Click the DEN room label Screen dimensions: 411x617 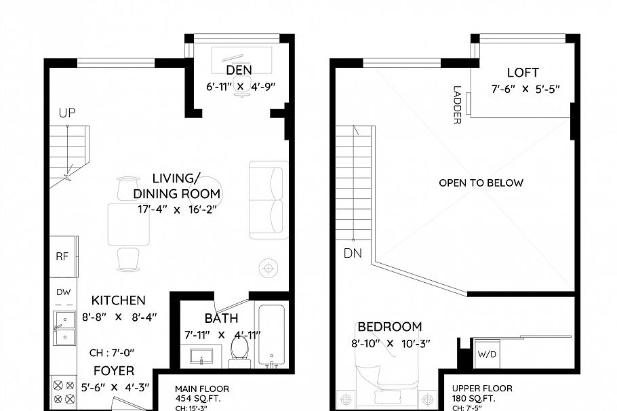click(239, 70)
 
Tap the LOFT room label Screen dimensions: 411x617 click(523, 73)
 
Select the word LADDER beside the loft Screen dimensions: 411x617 click(457, 104)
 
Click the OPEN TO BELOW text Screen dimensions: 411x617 click(481, 183)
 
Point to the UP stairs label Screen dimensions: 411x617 click(66, 113)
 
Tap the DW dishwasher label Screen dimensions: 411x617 click(63, 292)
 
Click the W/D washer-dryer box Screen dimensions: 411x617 click(487, 353)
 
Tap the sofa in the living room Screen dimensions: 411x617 click(267, 200)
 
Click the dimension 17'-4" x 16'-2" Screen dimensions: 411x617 click(176, 210)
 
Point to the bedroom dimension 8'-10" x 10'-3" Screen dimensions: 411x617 click(390, 344)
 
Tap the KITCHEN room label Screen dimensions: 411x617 click(119, 300)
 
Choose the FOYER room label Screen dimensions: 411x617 click(114, 371)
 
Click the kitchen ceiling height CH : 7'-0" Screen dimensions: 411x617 click(113, 353)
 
